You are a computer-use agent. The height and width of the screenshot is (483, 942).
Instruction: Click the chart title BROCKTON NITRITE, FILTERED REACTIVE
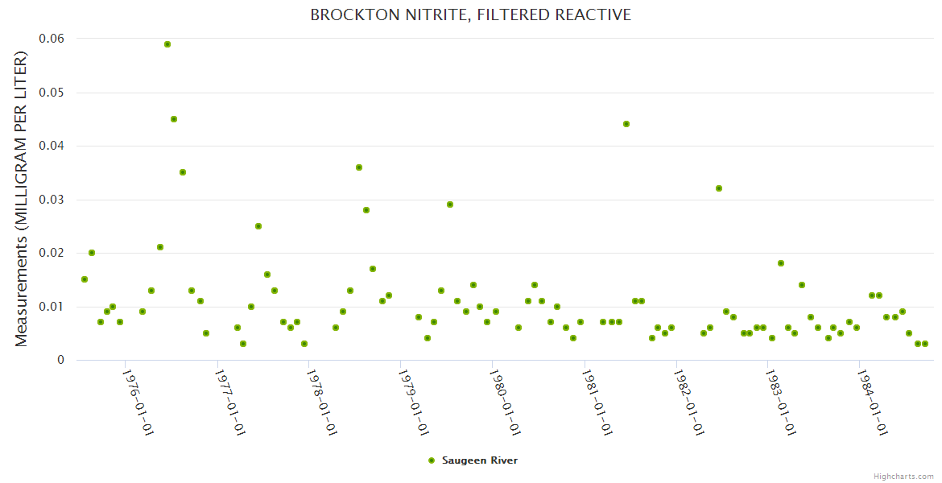point(470,15)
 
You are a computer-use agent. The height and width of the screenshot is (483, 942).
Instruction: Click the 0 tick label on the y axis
point(60,361)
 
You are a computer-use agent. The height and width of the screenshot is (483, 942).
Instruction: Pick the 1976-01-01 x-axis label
point(138,402)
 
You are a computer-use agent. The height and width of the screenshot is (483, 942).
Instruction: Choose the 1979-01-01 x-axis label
point(413,402)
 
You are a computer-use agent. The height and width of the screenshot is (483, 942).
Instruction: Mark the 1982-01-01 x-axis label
point(689,402)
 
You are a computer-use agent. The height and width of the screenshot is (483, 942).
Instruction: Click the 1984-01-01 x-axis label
point(873,402)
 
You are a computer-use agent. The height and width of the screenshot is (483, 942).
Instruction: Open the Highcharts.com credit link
point(903,477)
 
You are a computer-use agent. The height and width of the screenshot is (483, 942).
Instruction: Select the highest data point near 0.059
point(167,44)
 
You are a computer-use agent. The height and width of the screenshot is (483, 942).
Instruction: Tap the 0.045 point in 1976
point(174,119)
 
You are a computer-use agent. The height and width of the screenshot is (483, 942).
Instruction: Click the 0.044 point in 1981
point(626,124)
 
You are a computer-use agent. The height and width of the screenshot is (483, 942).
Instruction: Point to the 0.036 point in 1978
point(359,167)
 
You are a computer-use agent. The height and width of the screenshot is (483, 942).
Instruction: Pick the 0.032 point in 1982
point(719,188)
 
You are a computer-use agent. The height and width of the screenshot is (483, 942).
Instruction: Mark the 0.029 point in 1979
point(450,204)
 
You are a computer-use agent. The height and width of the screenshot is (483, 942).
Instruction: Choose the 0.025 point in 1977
point(258,226)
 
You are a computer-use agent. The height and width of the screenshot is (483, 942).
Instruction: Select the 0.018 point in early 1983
point(781,263)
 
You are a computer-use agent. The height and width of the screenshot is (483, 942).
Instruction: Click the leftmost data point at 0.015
point(85,279)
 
